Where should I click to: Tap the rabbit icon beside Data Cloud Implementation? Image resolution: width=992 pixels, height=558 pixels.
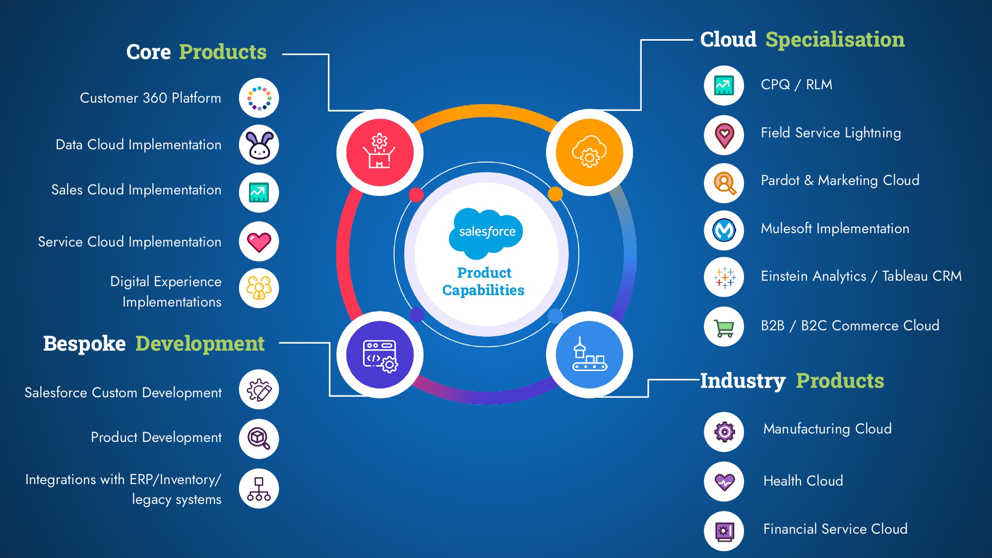pyautogui.click(x=259, y=145)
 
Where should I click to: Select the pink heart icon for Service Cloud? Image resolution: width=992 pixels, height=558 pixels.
pyautogui.click(x=259, y=242)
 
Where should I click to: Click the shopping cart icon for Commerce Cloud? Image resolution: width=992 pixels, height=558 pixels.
pyautogui.click(x=724, y=327)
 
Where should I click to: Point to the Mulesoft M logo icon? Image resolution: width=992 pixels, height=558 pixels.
pyautogui.click(x=724, y=230)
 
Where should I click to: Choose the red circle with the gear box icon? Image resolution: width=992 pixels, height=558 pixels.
pyautogui.click(x=380, y=152)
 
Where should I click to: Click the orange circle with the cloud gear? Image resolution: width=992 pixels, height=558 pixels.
pyautogui.click(x=589, y=152)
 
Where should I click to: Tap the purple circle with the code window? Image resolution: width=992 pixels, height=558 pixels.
pyautogui.click(x=380, y=355)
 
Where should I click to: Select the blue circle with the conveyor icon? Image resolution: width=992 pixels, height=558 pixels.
pyautogui.click(x=589, y=355)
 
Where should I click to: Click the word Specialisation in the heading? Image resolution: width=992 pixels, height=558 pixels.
pyautogui.click(x=835, y=40)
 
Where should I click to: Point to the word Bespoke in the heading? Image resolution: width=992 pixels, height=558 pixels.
pyautogui.click(x=84, y=344)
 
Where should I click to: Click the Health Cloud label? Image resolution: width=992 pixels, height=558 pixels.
pyautogui.click(x=803, y=481)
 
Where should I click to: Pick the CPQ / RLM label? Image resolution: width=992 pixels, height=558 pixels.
pyautogui.click(x=797, y=85)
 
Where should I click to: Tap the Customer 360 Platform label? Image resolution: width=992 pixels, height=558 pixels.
pyautogui.click(x=150, y=98)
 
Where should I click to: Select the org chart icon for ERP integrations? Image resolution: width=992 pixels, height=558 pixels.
pyautogui.click(x=259, y=489)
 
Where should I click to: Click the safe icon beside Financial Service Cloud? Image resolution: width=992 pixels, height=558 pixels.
pyautogui.click(x=724, y=531)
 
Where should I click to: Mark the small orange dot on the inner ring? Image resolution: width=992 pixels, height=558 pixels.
pyautogui.click(x=555, y=194)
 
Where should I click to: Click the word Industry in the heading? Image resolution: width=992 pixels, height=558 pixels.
pyautogui.click(x=743, y=381)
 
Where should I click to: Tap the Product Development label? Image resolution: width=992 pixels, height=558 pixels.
pyautogui.click(x=156, y=437)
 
